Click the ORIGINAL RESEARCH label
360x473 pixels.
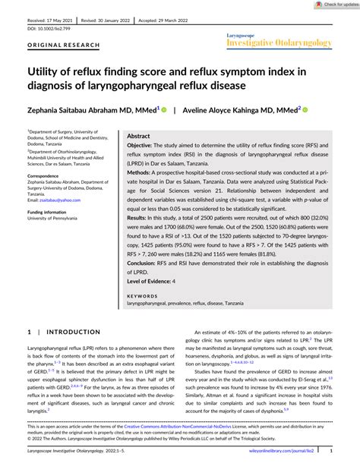point(52,45)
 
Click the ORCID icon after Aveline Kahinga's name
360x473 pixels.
point(305,109)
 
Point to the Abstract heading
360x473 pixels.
point(143,134)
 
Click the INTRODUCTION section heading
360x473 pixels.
point(68,332)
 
